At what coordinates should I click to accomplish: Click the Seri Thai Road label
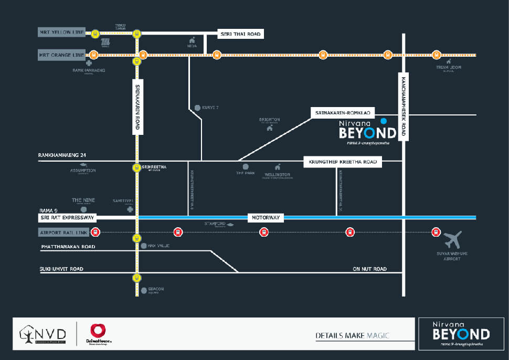coord(240,34)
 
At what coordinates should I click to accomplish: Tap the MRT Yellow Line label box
coord(61,33)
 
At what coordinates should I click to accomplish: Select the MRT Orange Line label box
coord(61,55)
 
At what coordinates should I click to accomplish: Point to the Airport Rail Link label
coord(61,232)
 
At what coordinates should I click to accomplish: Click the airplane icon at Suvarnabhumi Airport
coord(453,240)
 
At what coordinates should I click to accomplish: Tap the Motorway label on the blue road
coord(266,217)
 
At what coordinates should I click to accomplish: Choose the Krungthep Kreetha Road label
coord(343,163)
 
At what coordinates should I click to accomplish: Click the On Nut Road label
coord(369,269)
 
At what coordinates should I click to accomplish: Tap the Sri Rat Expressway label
coord(67,217)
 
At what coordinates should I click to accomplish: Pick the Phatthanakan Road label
coord(68,246)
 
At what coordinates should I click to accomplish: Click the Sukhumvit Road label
coord(61,269)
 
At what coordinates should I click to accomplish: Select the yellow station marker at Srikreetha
coord(136,168)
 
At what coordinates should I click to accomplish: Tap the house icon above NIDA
coord(193,40)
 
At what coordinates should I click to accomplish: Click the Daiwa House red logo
coord(98,331)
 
